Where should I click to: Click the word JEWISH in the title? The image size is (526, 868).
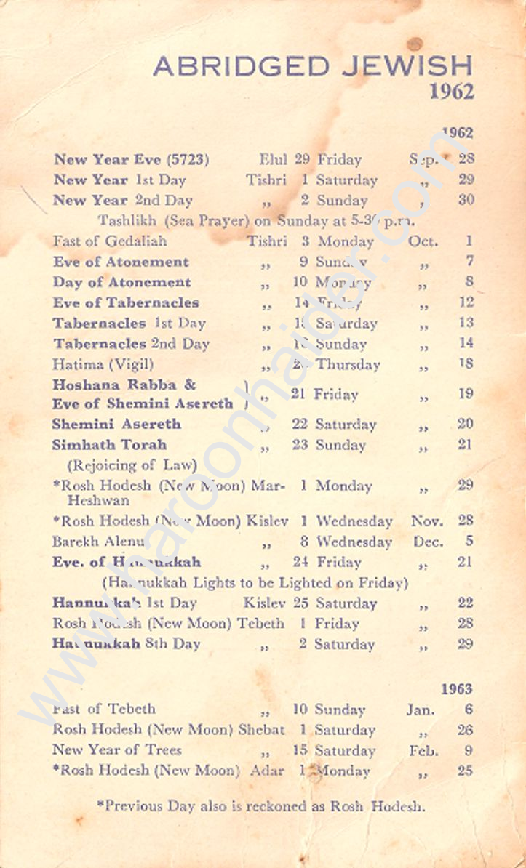coord(407,66)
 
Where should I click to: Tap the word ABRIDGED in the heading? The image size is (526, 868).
coord(242,66)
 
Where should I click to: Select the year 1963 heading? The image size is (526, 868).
coord(456,688)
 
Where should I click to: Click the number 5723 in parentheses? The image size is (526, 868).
coord(188,159)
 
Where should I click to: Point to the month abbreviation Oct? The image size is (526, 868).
coord(423,241)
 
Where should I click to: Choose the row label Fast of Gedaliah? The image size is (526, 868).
coord(110,241)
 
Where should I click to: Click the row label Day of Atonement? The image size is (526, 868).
coord(121,282)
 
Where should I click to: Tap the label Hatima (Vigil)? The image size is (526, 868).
coord(103,364)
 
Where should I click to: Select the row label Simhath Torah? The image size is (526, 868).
coord(109,444)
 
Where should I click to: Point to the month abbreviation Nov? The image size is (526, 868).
coord(427,521)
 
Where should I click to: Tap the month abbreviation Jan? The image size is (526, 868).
coord(421,710)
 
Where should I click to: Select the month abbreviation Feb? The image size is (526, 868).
coord(423,750)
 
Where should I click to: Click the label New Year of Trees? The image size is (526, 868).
coord(117,750)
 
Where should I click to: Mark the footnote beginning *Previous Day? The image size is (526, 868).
coord(260,805)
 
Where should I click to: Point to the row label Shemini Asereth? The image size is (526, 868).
coord(116,424)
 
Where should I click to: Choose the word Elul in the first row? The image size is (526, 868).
coord(274,159)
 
